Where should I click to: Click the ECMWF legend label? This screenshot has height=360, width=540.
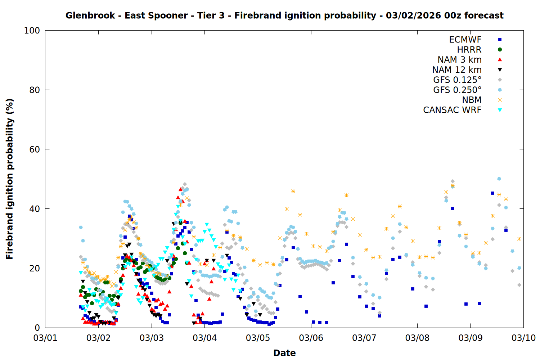click(x=465, y=40)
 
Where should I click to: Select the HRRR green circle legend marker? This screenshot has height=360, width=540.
click(x=500, y=50)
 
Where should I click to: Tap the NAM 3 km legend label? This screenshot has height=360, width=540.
click(x=459, y=60)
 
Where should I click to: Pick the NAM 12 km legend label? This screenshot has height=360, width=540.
click(x=457, y=70)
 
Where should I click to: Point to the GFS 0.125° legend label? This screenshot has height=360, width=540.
click(x=457, y=80)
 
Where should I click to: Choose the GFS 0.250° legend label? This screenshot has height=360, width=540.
click(x=457, y=90)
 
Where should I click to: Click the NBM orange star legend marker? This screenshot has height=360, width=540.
click(x=500, y=100)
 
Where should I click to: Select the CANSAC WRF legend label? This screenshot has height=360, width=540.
click(x=452, y=110)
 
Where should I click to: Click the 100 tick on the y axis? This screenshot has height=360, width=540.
click(x=32, y=31)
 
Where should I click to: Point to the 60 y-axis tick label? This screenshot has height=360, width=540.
click(x=35, y=149)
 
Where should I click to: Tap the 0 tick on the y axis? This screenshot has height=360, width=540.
click(x=37, y=328)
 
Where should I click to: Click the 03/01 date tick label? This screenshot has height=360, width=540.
click(x=45, y=338)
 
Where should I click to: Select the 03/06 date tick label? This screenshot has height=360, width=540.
click(x=311, y=338)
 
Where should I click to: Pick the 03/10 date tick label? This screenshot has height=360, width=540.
click(x=523, y=338)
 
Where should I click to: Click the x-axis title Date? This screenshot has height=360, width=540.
click(x=284, y=353)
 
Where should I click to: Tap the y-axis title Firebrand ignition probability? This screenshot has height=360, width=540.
click(x=10, y=179)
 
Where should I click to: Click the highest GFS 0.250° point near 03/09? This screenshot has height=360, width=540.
click(x=499, y=179)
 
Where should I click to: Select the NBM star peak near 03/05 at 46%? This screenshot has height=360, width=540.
click(x=293, y=191)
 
